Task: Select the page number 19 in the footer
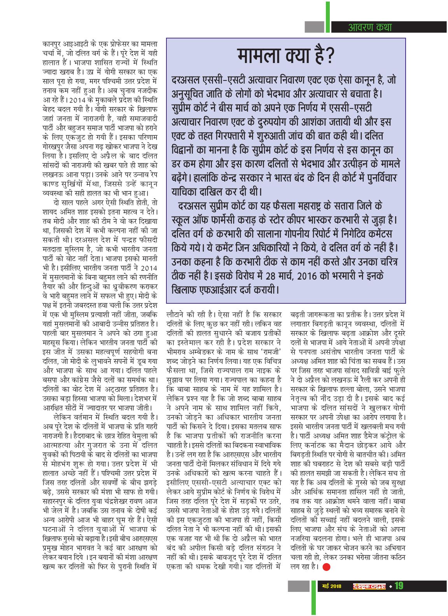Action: click(399, 586)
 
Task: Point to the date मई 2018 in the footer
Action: click(332, 586)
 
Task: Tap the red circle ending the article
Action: click(326, 567)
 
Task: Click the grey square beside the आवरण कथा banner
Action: click(314, 27)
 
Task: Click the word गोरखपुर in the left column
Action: click(55, 149)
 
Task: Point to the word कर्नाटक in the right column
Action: click(318, 445)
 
